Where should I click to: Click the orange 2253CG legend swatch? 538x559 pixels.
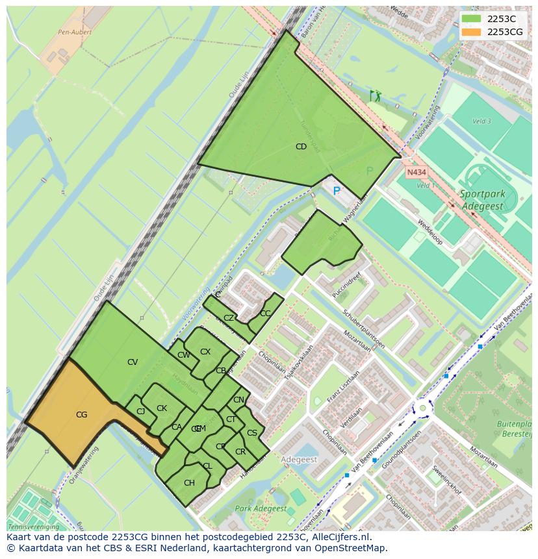click(471, 31)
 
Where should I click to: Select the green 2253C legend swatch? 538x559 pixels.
click(471, 19)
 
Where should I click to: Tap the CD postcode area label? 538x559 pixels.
click(301, 147)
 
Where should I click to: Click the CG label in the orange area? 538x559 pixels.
click(81, 415)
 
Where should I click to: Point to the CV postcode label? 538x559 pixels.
click(133, 362)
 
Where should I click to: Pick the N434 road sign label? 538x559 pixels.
click(416, 173)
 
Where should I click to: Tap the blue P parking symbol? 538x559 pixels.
click(337, 191)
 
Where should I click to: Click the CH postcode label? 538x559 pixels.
click(189, 483)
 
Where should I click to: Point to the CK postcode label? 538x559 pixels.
click(162, 408)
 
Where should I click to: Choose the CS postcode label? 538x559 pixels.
click(252, 433)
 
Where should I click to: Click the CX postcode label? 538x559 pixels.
click(205, 352)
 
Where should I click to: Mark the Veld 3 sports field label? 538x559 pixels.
click(481, 121)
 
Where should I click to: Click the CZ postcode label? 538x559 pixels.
click(229, 318)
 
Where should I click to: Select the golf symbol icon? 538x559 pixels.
click(375, 96)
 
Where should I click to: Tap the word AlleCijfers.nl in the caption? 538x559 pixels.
click(339, 537)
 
